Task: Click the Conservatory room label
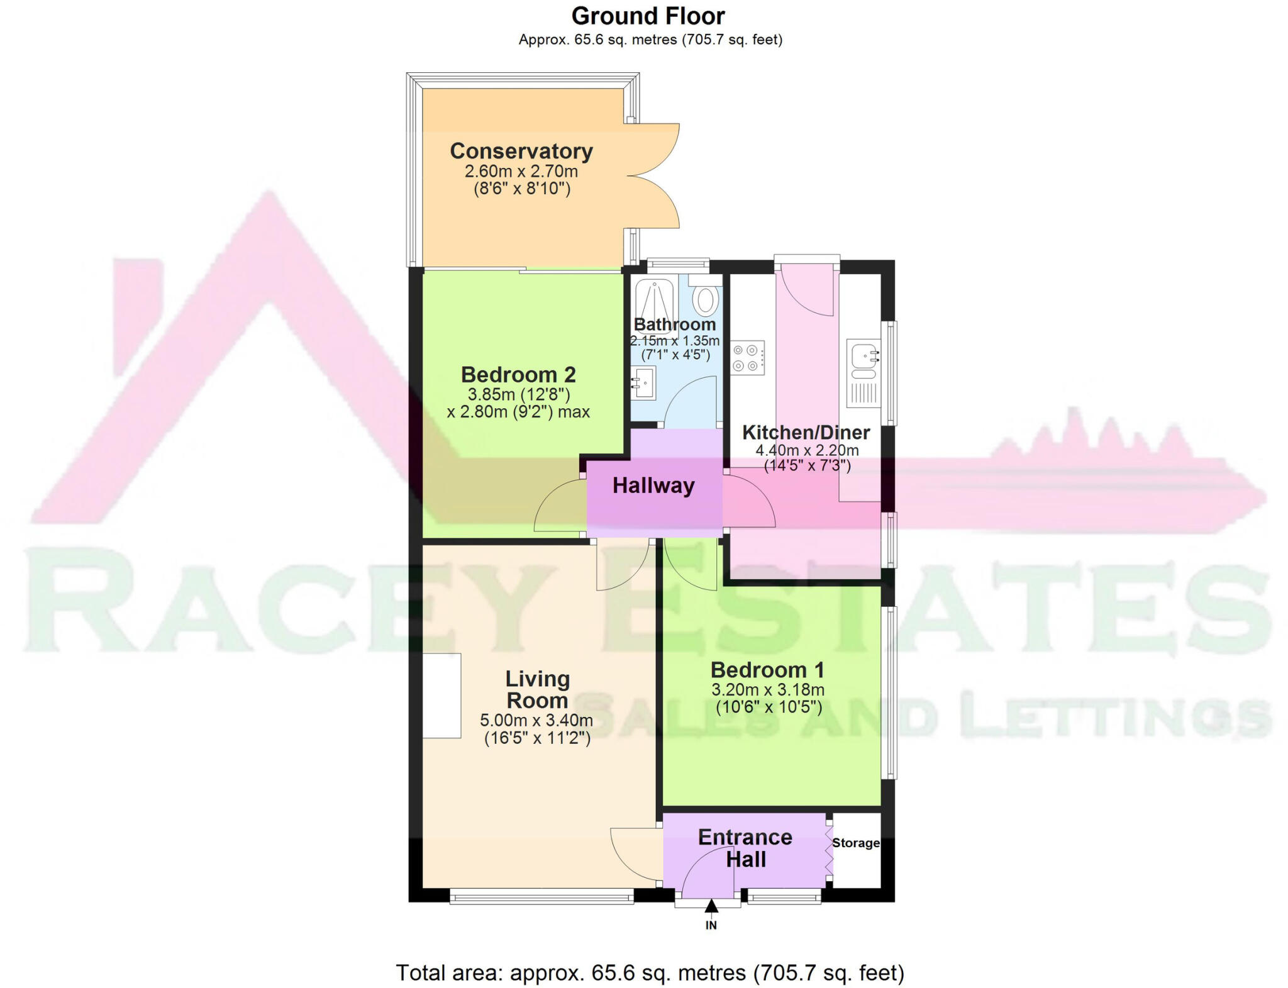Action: point(521,151)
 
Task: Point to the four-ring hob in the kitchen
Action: point(747,357)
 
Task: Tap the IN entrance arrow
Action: point(711,907)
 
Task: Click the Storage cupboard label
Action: point(855,843)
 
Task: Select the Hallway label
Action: point(653,486)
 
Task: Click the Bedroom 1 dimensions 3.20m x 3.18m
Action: point(768,690)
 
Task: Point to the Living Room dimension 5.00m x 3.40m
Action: point(536,720)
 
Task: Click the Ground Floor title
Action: point(648,16)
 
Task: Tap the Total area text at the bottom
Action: point(650,972)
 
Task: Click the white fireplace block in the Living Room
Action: point(441,695)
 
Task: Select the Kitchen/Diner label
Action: point(806,433)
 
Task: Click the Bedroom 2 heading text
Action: point(518,375)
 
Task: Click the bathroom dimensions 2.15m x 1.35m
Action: point(675,340)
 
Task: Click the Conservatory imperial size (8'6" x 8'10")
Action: point(521,188)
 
